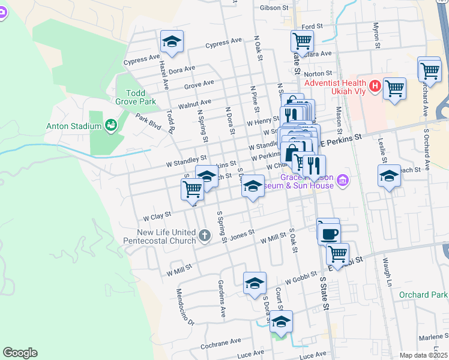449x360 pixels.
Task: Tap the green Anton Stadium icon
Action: pos(110,125)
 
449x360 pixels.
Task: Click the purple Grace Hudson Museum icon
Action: pos(342,181)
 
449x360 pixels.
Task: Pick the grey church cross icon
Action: pos(204,235)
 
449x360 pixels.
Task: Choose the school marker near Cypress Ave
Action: pos(172,42)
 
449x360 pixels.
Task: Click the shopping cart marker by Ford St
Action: pos(302,41)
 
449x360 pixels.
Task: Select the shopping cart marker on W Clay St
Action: pos(192,189)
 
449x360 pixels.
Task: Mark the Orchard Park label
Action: pos(423,295)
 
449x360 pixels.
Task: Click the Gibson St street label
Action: pos(274,8)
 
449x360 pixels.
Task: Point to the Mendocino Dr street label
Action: pos(185,307)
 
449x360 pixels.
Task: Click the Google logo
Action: pos(20,353)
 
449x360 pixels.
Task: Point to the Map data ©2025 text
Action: pos(423,355)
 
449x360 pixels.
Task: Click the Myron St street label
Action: pos(376,35)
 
